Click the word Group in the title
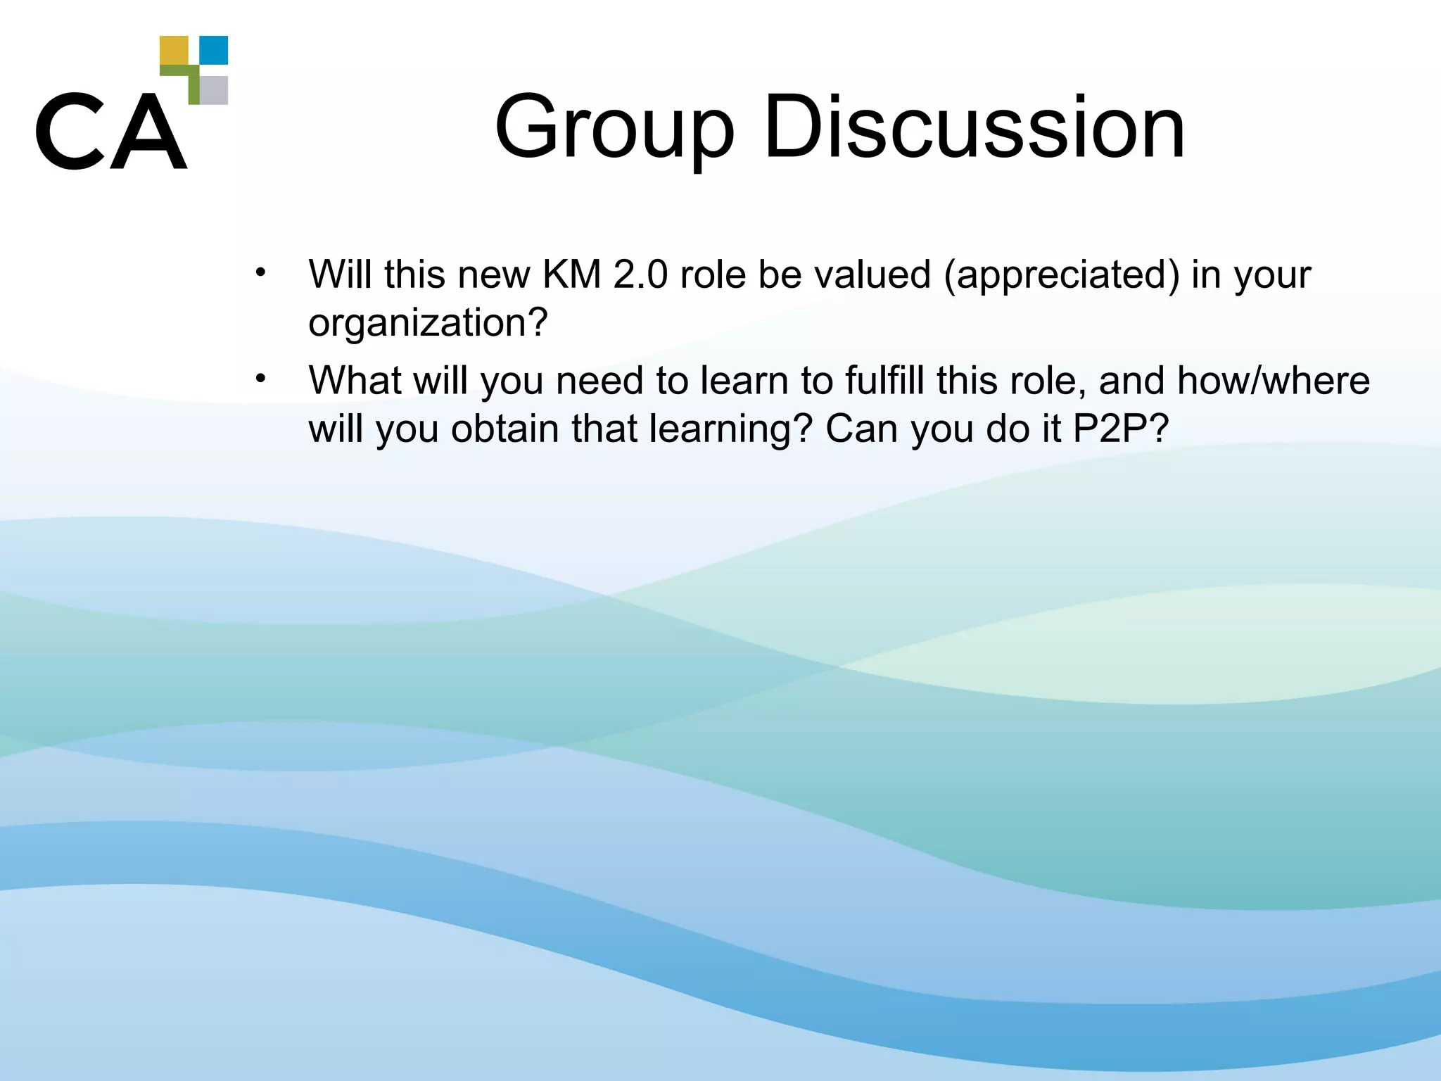coord(614,128)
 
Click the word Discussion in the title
coord(975,128)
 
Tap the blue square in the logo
coord(214,50)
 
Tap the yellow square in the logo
coord(174,50)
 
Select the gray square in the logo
coord(214,90)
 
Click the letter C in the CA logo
coord(68,131)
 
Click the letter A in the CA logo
coord(148,132)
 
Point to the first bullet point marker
coord(260,272)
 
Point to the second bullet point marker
coord(260,379)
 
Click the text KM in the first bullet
coord(571,274)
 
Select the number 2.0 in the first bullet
coord(640,274)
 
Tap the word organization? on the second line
coord(428,324)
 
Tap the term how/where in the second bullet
coord(1273,381)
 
